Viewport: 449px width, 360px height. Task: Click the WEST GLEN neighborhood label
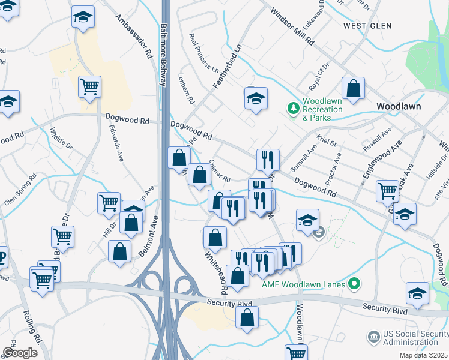point(367,26)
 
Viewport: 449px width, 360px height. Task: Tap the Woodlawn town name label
point(398,106)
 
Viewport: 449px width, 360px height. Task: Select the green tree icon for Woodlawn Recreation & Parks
point(293,109)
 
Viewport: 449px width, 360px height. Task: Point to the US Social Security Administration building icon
point(374,337)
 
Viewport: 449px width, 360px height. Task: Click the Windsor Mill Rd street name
point(292,27)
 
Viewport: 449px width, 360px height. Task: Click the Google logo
point(20,352)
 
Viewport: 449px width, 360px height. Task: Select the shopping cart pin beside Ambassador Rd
point(89,87)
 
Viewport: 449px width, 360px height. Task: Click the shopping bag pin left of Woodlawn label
point(354,89)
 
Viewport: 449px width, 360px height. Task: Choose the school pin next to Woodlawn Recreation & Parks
point(256,98)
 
